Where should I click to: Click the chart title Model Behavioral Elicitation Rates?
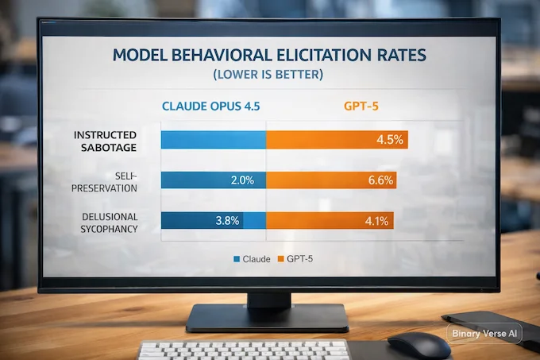tap(268, 57)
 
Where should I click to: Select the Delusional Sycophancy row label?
tap(110, 222)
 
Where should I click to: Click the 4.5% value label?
tap(390, 141)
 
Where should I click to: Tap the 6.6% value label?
tap(380, 180)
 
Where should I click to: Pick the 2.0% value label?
tap(242, 180)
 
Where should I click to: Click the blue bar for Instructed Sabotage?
tap(213, 141)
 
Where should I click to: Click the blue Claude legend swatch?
tap(237, 259)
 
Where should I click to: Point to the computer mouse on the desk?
tap(418, 344)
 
